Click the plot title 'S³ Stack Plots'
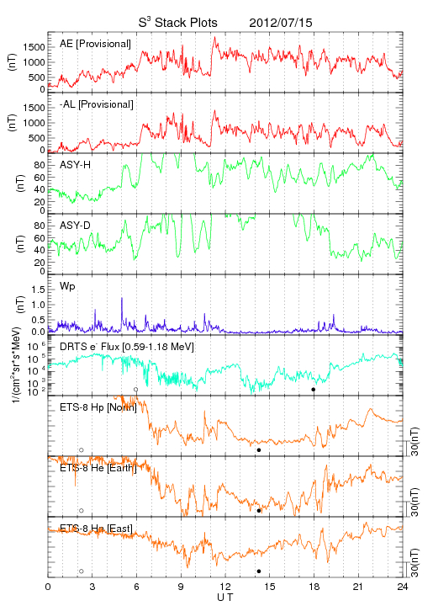click(178, 23)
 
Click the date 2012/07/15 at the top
click(281, 23)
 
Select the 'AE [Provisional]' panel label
click(95, 44)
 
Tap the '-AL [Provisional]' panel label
click(97, 104)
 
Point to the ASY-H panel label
click(76, 165)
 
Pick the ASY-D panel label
click(76, 226)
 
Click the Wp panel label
click(67, 286)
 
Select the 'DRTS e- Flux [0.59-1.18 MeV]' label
click(127, 347)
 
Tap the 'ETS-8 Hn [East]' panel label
click(96, 529)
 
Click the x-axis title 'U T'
click(225, 597)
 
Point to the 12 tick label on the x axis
click(225, 587)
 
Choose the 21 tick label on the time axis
click(358, 587)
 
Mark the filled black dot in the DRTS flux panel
click(314, 390)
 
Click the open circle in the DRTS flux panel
click(136, 390)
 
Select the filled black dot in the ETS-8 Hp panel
click(259, 449)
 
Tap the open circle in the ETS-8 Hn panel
click(82, 571)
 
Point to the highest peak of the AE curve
click(214, 38)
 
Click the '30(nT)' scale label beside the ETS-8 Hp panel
click(415, 441)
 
